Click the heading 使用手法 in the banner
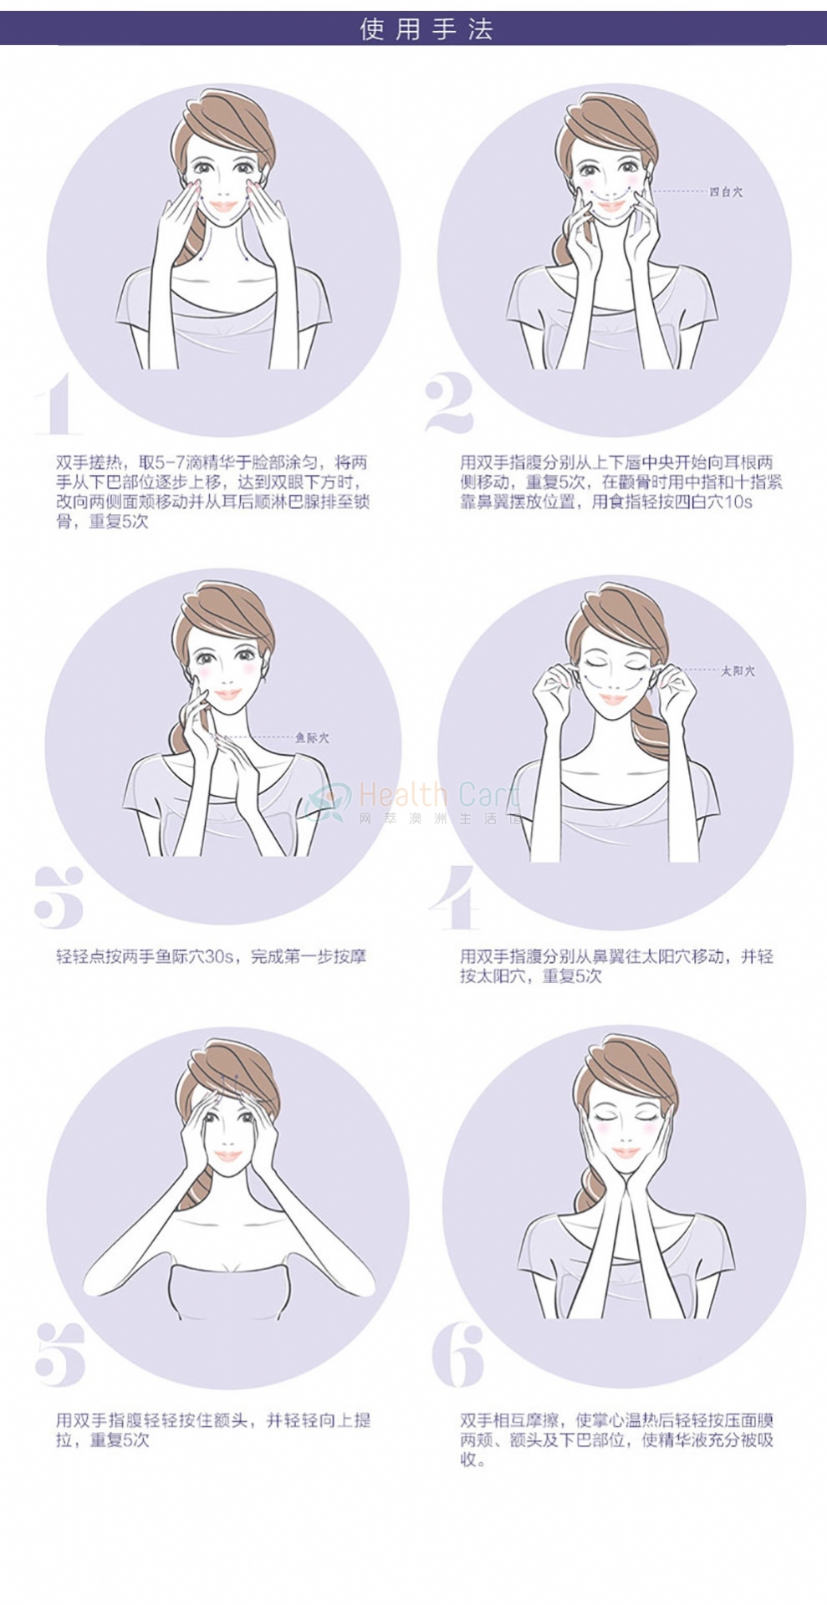coord(426,29)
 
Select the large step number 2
coord(449,404)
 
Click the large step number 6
coord(458,1355)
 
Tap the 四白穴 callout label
coord(726,192)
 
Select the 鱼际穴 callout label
coord(312,738)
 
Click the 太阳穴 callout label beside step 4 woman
coord(738,671)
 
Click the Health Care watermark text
coord(439,794)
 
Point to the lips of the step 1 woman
coord(223,206)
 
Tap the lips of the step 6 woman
coord(625,1154)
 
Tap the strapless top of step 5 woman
coord(228,1292)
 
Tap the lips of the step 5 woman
coord(227,1156)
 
